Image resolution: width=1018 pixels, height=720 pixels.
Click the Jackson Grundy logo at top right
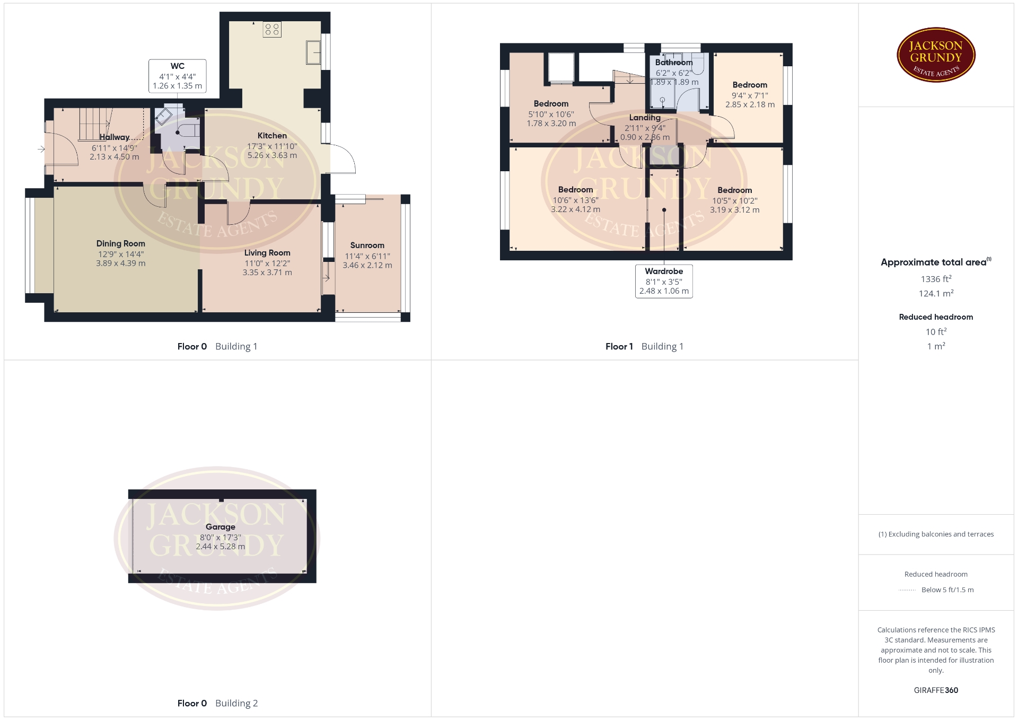[x=936, y=55]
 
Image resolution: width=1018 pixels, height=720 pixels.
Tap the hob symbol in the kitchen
[x=272, y=29]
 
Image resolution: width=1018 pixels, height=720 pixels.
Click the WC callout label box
[x=178, y=76]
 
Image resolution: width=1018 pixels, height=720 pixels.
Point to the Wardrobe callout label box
[x=664, y=281]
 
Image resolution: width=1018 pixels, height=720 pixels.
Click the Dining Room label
[x=120, y=243]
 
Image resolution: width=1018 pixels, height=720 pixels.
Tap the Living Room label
[x=267, y=253]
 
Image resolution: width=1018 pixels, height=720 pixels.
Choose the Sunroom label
[x=367, y=245]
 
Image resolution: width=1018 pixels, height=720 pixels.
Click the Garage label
[x=221, y=527]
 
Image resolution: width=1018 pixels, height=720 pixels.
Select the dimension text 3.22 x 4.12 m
[x=576, y=209]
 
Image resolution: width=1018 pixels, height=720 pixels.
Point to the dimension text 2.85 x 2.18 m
[x=750, y=105]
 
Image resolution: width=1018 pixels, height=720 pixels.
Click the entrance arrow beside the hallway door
[x=41, y=150]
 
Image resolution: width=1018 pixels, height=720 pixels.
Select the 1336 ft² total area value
[x=936, y=279]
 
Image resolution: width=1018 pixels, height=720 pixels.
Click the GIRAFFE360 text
[x=936, y=690]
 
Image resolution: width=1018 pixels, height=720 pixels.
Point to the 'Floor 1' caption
[x=619, y=346]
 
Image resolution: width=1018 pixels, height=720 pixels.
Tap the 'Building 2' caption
[x=236, y=704]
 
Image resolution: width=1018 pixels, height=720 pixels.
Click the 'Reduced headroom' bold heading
[x=936, y=317]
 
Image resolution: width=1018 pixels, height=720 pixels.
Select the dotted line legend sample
[x=907, y=590]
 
